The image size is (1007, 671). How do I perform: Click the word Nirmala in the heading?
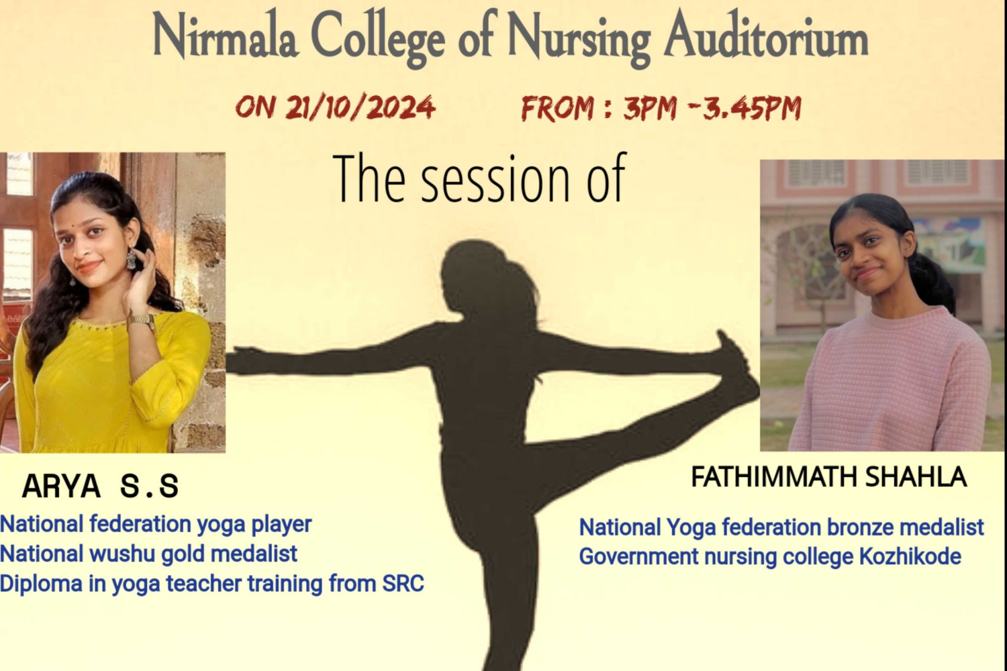[x=225, y=37]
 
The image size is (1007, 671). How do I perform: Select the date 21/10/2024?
[x=360, y=108]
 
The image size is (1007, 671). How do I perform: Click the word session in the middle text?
[x=495, y=180]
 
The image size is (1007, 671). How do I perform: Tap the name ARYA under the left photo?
[x=61, y=486]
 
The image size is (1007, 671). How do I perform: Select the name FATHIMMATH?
[x=773, y=477]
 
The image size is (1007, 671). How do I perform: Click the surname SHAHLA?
[x=916, y=477]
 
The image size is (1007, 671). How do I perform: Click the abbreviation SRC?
[x=403, y=584]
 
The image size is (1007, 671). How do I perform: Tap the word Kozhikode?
[x=910, y=556]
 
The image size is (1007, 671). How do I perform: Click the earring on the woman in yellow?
[x=131, y=259]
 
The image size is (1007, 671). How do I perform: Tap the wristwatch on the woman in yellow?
[x=142, y=320]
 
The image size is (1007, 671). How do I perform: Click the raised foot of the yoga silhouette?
[x=737, y=360]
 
